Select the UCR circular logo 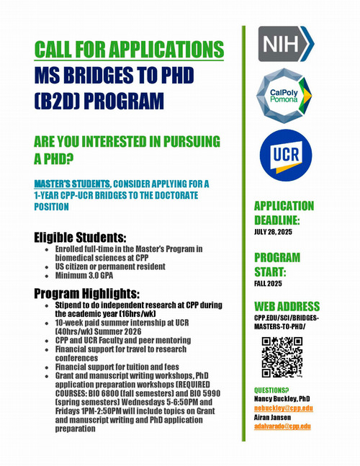286,153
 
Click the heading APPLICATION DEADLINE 284,214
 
